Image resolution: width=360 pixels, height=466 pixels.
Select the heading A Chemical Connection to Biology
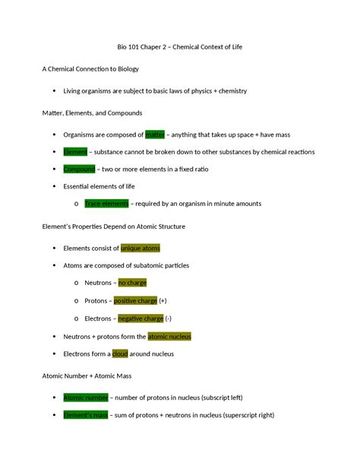(90, 69)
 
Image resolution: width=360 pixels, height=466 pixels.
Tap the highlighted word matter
(155, 135)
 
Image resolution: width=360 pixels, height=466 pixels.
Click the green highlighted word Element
(75, 152)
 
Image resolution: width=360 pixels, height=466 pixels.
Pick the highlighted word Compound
(79, 169)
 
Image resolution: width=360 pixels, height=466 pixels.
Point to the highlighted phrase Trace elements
(107, 204)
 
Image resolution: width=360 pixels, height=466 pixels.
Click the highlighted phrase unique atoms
(141, 248)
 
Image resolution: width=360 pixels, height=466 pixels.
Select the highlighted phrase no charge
(132, 283)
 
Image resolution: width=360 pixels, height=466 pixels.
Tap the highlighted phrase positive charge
(135, 300)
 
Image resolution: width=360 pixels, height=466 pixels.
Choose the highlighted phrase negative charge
(141, 319)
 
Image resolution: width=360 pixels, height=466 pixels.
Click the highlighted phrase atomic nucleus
(169, 336)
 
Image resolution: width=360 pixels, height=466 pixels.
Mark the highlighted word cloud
(120, 353)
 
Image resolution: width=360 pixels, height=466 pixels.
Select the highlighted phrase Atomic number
(86, 398)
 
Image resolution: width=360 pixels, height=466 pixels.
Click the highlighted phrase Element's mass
(86, 415)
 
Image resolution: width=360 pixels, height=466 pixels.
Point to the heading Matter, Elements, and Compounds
(91, 113)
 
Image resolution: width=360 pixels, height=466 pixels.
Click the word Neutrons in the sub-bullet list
(98, 283)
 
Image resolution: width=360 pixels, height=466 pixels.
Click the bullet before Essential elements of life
(53, 186)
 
